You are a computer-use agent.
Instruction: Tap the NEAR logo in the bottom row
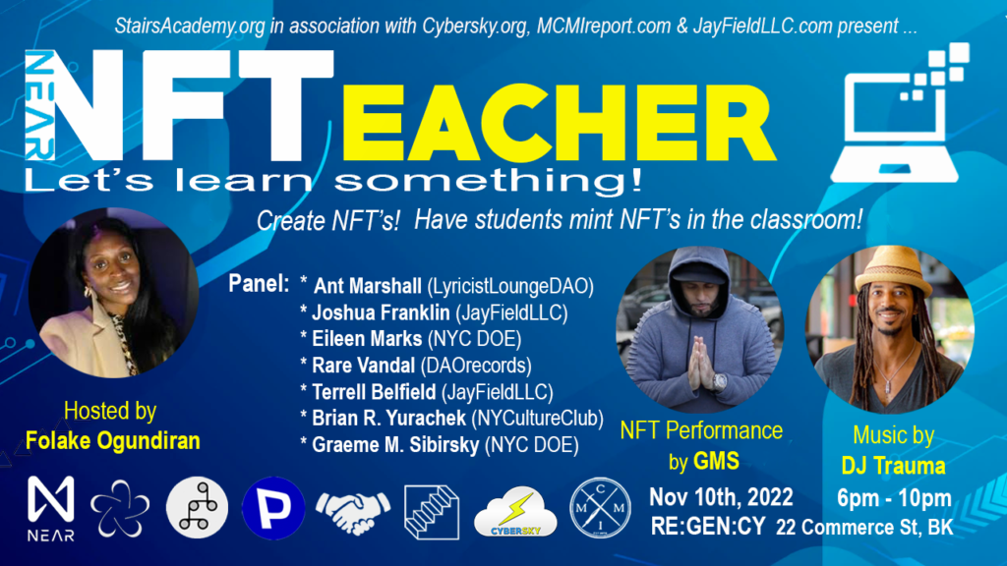coord(51,508)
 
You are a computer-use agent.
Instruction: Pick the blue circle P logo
coord(270,509)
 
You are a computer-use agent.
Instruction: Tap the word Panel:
coord(259,285)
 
